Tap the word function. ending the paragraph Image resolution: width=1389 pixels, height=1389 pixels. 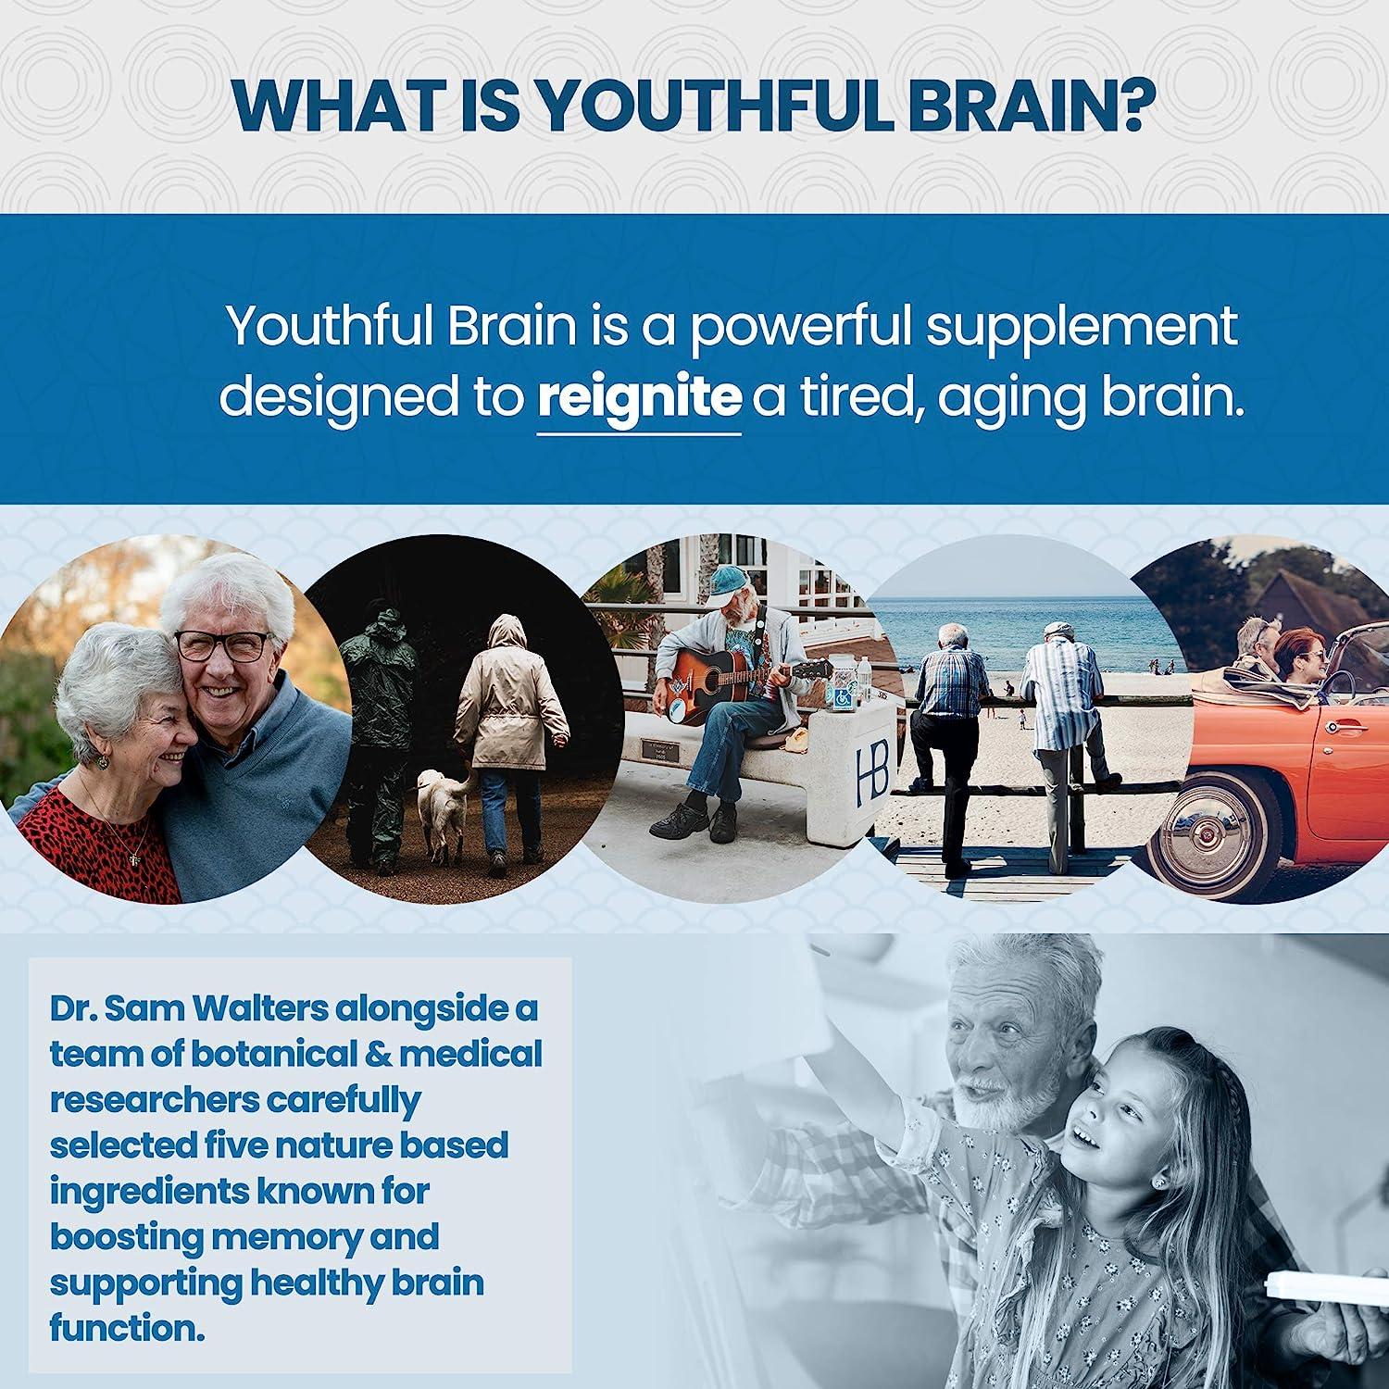[x=126, y=1328]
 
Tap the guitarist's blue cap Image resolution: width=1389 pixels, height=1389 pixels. [x=729, y=581]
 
